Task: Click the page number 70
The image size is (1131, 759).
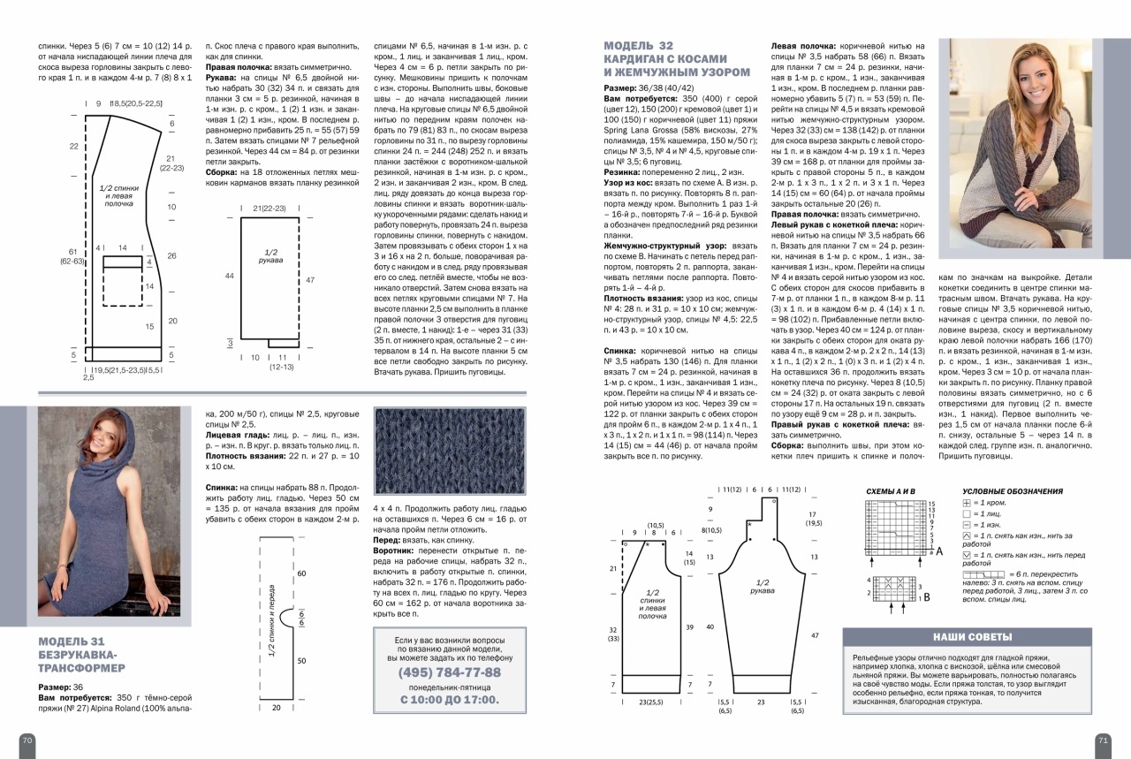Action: click(27, 740)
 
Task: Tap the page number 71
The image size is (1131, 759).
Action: click(1103, 740)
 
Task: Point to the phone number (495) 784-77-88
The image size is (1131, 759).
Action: click(450, 672)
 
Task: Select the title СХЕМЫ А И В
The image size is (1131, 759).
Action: click(890, 491)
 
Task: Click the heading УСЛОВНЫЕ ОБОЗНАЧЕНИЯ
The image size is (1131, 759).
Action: click(1012, 491)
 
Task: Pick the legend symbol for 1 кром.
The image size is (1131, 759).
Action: click(967, 503)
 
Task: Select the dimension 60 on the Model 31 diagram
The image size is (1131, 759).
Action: click(300, 573)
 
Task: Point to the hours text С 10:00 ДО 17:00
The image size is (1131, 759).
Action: click(450, 699)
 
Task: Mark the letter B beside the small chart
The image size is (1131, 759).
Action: click(926, 596)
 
